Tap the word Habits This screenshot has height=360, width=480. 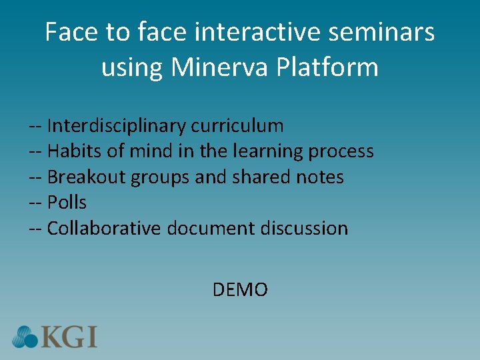[74, 151]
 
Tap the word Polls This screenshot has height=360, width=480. [67, 203]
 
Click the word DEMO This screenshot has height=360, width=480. [240, 290]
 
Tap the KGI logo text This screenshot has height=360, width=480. [69, 336]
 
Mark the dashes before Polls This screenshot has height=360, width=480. [35, 203]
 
